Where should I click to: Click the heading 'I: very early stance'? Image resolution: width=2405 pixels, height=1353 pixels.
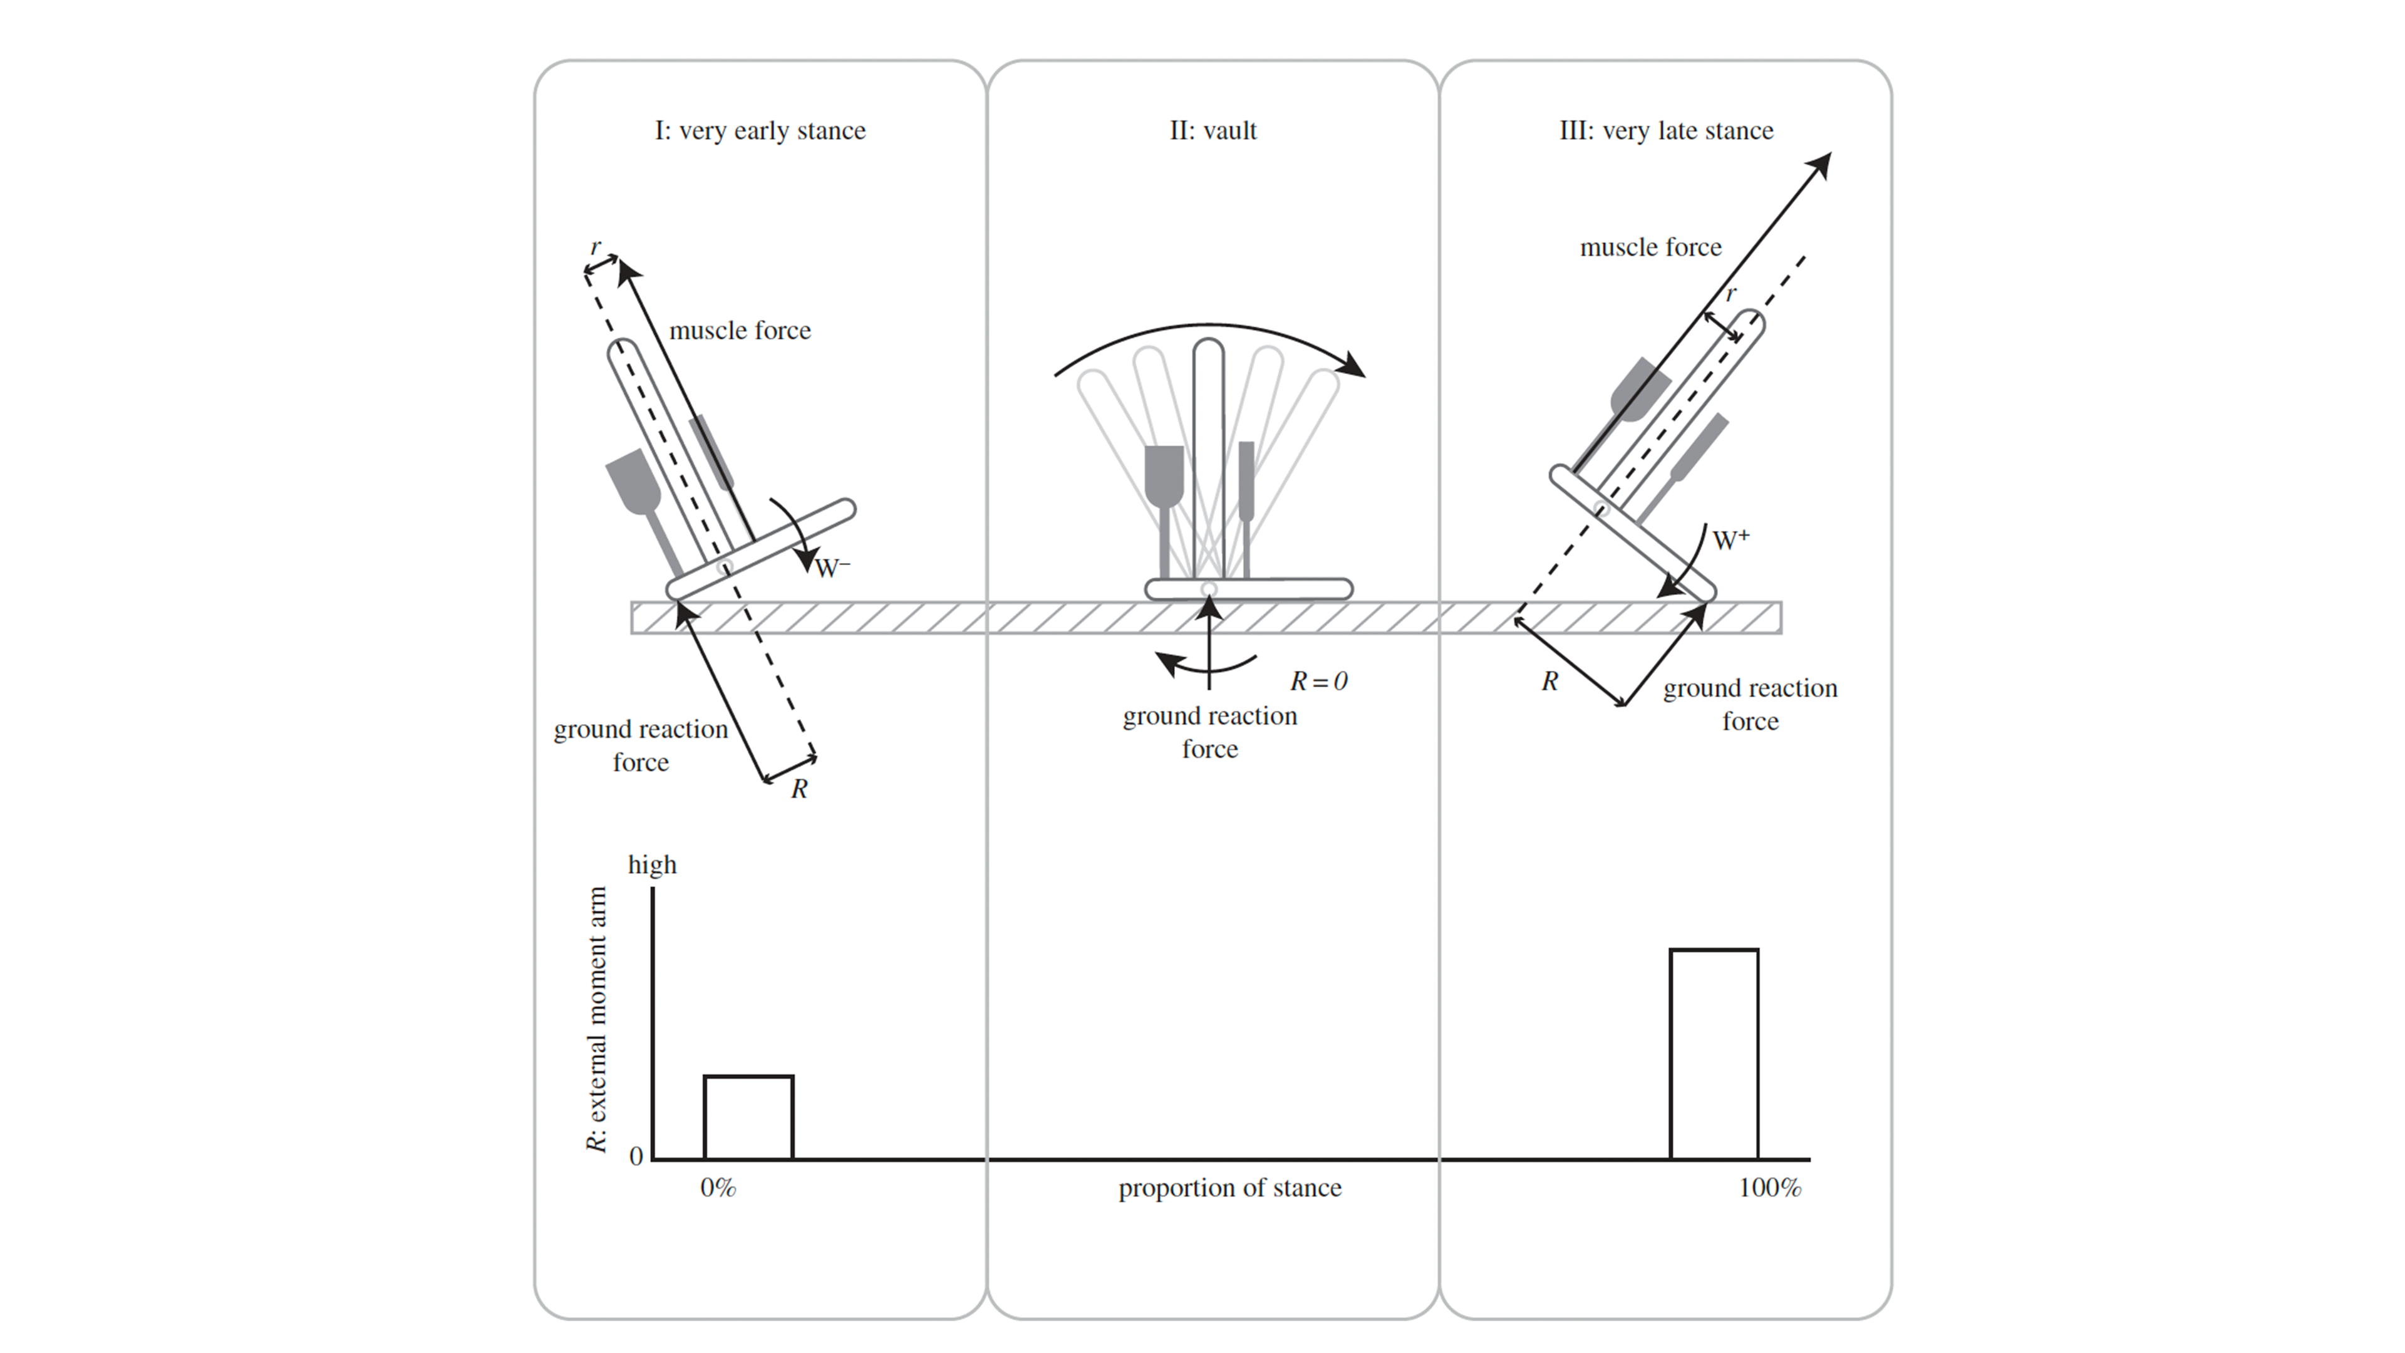(760, 131)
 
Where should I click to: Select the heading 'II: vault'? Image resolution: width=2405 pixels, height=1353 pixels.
(1213, 131)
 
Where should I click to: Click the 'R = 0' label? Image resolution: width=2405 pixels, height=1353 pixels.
(1318, 682)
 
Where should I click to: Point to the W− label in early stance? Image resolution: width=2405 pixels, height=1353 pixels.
(832, 568)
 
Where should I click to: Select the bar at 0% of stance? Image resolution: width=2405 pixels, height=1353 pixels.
(748, 1117)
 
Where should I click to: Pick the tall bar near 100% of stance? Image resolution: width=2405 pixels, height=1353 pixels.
(1714, 1054)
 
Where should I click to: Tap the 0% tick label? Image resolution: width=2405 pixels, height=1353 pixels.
(718, 1188)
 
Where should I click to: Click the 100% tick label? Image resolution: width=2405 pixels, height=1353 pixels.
(1769, 1188)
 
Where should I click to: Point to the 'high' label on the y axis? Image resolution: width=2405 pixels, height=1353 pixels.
(651, 864)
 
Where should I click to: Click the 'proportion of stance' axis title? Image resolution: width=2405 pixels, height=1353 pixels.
(1229, 1188)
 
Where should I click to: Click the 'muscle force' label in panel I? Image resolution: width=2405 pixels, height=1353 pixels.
(740, 331)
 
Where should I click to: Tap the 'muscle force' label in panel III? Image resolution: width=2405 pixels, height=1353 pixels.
(1650, 247)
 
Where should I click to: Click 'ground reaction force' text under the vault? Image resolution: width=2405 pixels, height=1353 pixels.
(1210, 732)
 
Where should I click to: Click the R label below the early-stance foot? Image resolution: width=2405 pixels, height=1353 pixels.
(799, 789)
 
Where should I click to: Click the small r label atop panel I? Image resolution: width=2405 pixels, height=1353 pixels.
(596, 247)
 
